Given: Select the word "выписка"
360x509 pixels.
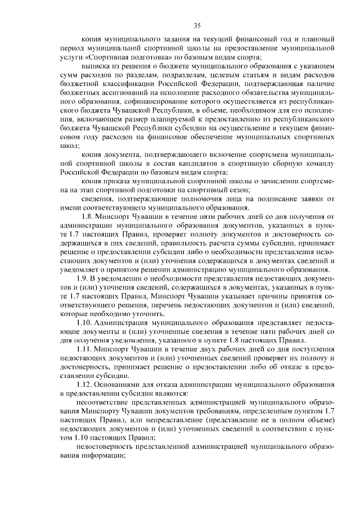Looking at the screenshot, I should [94, 67].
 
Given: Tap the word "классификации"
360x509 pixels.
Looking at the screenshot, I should [132, 84].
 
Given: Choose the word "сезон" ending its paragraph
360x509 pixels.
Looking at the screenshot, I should [240, 190].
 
